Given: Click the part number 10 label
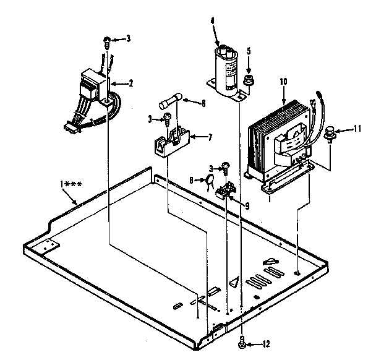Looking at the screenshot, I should [284, 81].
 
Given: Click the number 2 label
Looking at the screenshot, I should [130, 82].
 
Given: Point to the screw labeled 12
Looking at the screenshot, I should [244, 344].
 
